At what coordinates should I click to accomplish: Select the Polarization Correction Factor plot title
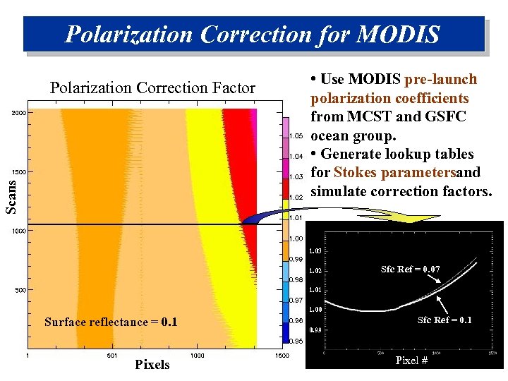[x=152, y=88]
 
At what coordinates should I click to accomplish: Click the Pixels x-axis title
[x=152, y=364]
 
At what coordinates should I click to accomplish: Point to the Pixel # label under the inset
[x=411, y=361]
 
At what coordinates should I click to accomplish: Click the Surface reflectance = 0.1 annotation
[x=111, y=322]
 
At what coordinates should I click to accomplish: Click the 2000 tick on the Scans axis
[x=18, y=113]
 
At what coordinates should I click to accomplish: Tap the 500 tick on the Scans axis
[x=20, y=290]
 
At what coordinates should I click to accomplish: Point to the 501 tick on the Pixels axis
[x=111, y=355]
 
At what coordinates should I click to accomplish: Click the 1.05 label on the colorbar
[x=296, y=135]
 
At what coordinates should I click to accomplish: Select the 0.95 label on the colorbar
[x=296, y=341]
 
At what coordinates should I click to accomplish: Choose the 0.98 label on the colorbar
[x=296, y=279]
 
